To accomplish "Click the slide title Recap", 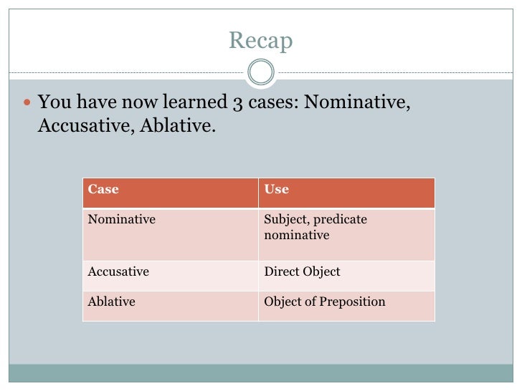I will [261, 42].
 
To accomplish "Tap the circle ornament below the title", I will [261, 72].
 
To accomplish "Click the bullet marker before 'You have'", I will [27, 103].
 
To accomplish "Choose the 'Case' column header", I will [103, 190].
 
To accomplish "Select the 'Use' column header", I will [277, 190].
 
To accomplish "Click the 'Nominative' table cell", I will [121, 219].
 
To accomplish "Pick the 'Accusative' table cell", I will [118, 272].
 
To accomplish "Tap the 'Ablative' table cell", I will [111, 301].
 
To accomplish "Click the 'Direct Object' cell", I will [302, 272].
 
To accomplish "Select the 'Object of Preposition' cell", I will [325, 301].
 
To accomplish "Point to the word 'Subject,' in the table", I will [286, 219].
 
